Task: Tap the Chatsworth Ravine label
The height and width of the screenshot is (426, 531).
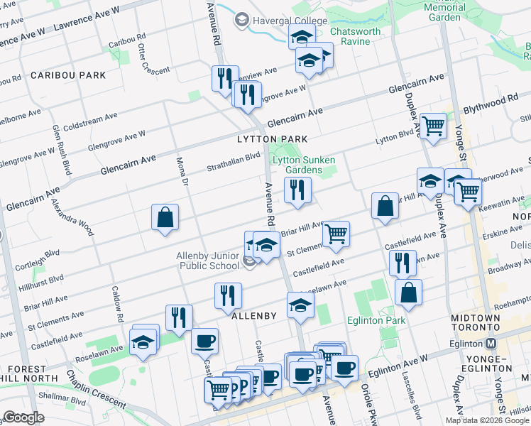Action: click(x=355, y=37)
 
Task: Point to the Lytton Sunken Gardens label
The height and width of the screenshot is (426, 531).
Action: click(x=304, y=165)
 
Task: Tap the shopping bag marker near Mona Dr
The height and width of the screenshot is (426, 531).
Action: click(x=165, y=217)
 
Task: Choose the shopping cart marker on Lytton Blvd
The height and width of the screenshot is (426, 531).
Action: click(x=433, y=127)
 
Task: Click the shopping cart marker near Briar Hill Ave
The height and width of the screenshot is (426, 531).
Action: click(x=336, y=233)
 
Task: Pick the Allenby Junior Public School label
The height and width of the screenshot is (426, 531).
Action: click(x=208, y=261)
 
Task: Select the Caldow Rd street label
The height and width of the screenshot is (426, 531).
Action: click(x=118, y=302)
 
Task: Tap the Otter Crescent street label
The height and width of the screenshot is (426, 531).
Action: click(x=154, y=60)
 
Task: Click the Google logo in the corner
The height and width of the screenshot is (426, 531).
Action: click(x=23, y=417)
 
